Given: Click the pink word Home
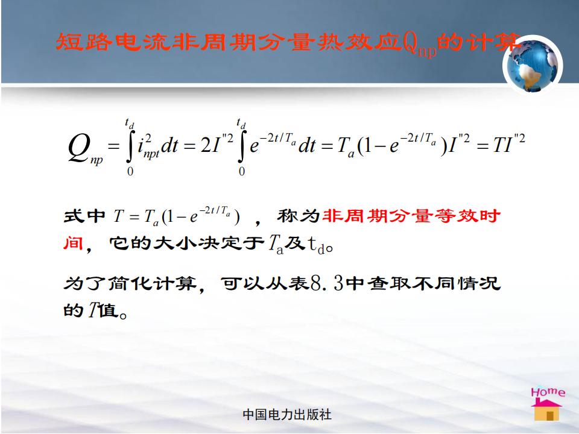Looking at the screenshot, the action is [x=548, y=392].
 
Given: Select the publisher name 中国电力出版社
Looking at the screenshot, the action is [x=287, y=415].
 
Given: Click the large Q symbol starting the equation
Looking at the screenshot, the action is [x=79, y=148].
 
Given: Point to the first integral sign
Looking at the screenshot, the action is [x=130, y=146].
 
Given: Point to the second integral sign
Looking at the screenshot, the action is [x=241, y=146].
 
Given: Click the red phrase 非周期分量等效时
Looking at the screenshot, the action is [x=412, y=216].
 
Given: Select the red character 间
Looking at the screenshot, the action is [x=73, y=243].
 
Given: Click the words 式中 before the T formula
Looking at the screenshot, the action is [x=84, y=216].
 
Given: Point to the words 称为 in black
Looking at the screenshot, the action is [x=298, y=216].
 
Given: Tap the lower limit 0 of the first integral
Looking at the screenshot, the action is [x=130, y=171].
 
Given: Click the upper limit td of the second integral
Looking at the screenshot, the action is [x=241, y=123].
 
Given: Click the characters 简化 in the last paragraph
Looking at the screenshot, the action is [x=130, y=284].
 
